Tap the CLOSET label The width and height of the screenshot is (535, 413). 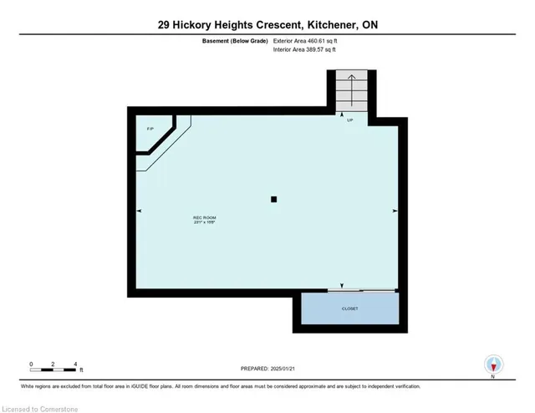[x=349, y=308]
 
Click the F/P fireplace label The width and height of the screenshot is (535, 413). [x=150, y=128]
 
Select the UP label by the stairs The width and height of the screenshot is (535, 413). [x=349, y=121]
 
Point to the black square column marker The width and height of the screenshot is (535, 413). [x=274, y=199]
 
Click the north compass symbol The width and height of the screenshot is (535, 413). [x=494, y=365]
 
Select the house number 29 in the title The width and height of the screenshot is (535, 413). [x=166, y=25]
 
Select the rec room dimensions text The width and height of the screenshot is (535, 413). [x=205, y=222]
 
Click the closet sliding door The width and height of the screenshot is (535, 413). [x=361, y=290]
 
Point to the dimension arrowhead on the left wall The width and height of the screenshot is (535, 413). [x=138, y=211]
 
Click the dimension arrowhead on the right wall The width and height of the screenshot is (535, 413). [x=394, y=211]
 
